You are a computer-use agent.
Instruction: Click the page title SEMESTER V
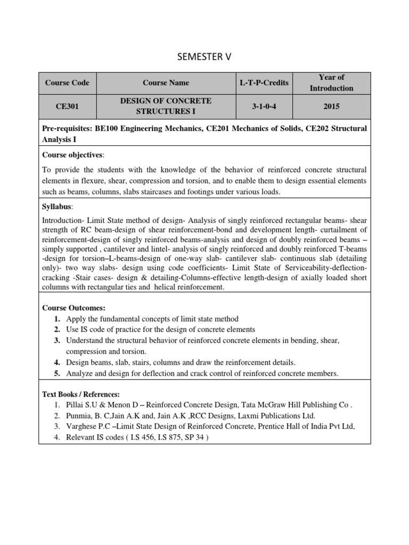(204, 56)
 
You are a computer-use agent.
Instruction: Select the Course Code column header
(67, 82)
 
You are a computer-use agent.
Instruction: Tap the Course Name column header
(166, 82)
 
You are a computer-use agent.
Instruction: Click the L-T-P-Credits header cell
(264, 82)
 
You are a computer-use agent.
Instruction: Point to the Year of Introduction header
(331, 82)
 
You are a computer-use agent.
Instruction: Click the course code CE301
(67, 106)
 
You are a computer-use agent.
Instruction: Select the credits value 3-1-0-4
(264, 106)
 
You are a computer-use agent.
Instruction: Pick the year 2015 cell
(331, 106)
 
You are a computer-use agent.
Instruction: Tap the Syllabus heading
(58, 206)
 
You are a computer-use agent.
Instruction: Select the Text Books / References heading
(81, 394)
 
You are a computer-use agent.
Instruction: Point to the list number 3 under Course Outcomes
(56, 340)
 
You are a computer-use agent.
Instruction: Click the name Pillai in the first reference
(75, 405)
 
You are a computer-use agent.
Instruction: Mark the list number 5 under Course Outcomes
(56, 373)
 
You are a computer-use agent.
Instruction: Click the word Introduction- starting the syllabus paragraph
(62, 220)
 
